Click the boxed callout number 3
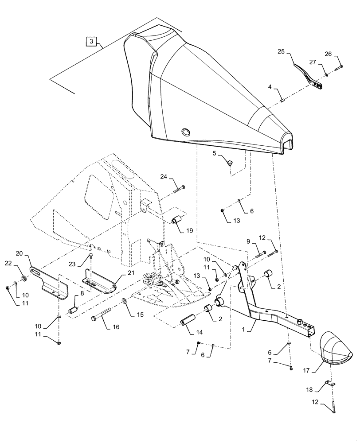91,41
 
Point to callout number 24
164,177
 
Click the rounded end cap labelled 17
336,345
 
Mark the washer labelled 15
124,302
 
